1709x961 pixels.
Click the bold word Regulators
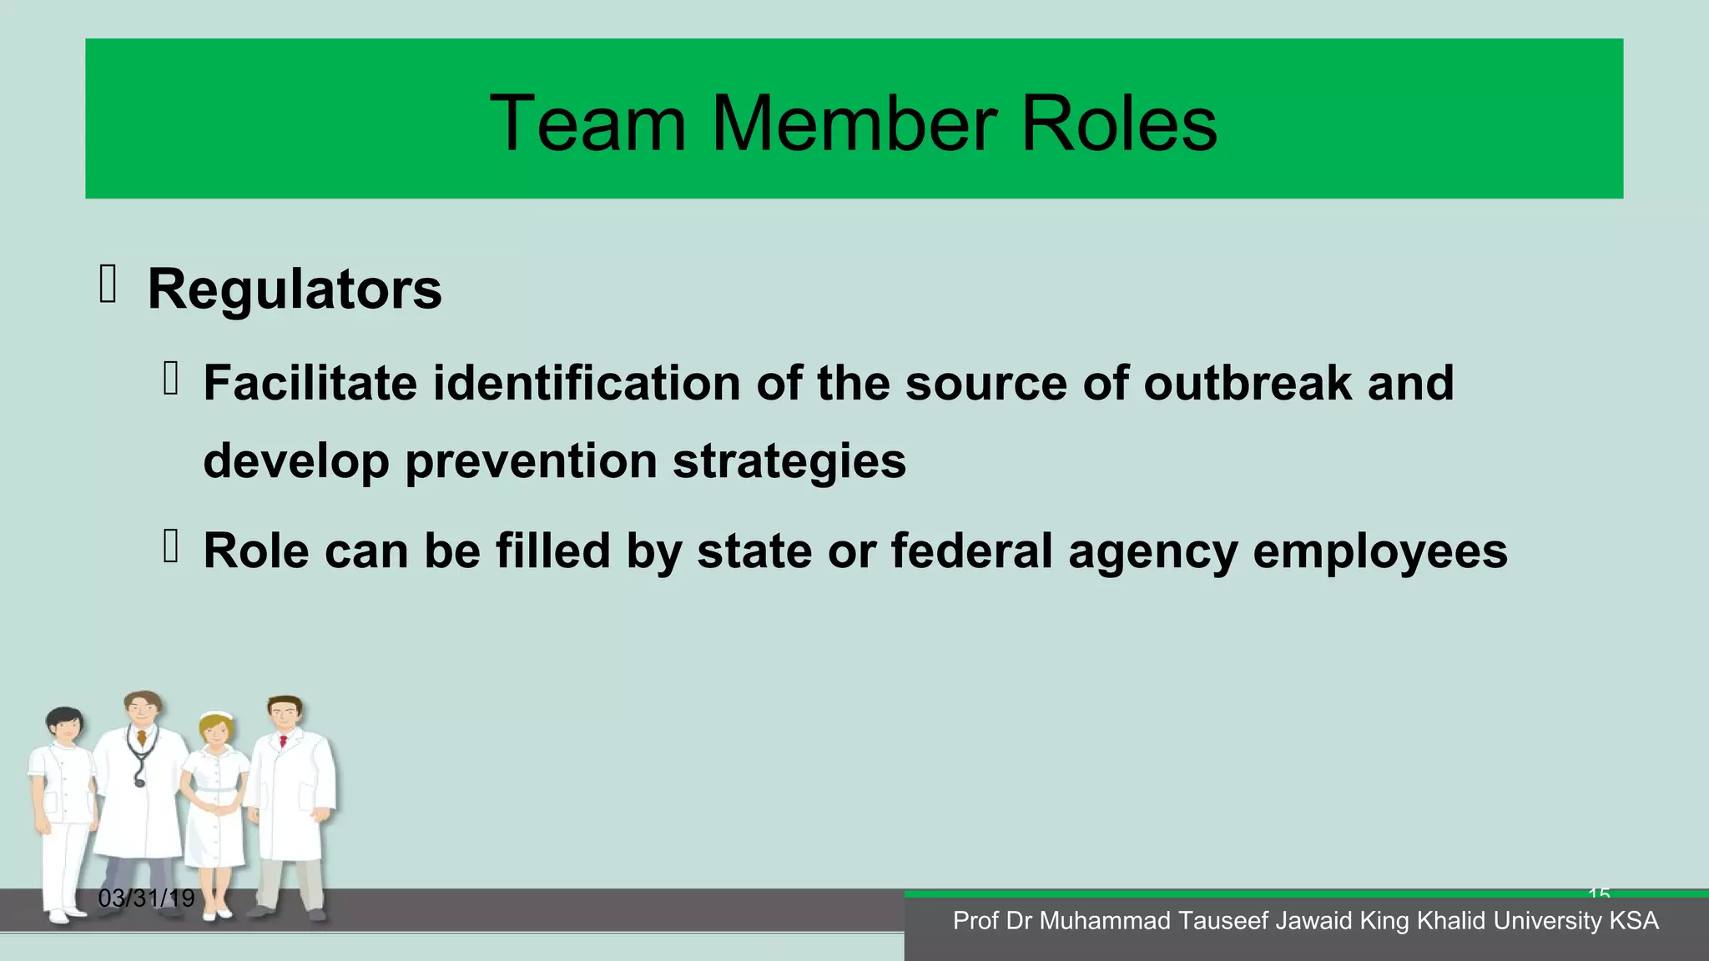click(x=295, y=289)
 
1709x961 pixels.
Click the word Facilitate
click(x=310, y=383)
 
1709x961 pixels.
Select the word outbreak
click(x=1247, y=383)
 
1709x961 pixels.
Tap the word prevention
click(x=531, y=460)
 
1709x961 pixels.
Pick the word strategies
click(x=789, y=460)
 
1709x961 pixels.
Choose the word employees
click(x=1380, y=552)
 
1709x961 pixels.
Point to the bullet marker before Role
click(x=171, y=546)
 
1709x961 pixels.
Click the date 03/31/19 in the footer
click(x=146, y=898)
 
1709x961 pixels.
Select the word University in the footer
click(x=1545, y=921)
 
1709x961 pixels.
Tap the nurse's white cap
click(x=216, y=717)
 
